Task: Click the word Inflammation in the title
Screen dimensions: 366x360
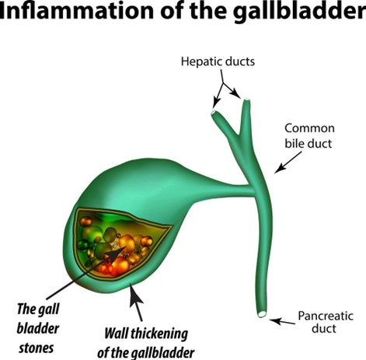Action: point(77,11)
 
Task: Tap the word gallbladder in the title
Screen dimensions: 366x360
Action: point(299,12)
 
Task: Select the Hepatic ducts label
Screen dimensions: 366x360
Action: point(218,61)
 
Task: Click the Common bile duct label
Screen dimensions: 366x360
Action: point(309,136)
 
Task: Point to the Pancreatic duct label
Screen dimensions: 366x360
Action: point(326,322)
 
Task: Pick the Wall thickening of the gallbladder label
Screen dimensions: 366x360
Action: point(146,343)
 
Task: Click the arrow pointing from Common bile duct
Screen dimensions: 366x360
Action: point(288,163)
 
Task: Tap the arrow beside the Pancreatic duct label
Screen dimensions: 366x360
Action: point(282,322)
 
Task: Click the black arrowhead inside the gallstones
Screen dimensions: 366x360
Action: point(114,253)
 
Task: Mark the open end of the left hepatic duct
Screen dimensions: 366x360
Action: point(214,113)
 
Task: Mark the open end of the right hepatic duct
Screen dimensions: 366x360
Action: point(246,100)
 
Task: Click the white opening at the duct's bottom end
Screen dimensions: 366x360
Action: point(262,314)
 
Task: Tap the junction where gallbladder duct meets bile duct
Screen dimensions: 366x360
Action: point(253,189)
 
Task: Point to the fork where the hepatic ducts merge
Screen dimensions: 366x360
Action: point(239,135)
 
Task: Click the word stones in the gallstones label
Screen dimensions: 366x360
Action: point(36,348)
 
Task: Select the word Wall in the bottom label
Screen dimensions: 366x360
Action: point(117,334)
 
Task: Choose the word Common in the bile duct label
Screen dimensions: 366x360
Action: point(309,128)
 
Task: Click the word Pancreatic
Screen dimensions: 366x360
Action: point(326,316)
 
